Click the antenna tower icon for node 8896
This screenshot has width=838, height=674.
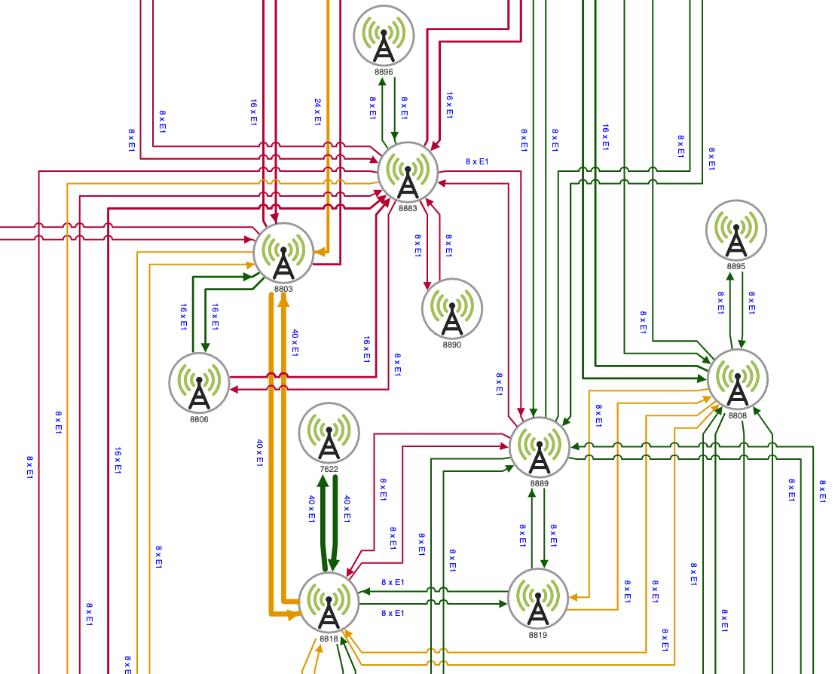click(384, 35)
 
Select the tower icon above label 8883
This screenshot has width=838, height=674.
click(408, 173)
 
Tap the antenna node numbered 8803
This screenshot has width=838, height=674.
click(283, 253)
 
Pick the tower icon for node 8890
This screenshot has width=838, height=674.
click(452, 309)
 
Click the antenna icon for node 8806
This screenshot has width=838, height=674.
click(199, 383)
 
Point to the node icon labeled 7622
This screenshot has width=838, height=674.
click(329, 434)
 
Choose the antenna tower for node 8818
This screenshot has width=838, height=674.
click(329, 602)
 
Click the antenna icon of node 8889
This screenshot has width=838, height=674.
click(540, 448)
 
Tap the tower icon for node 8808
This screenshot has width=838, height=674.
click(738, 379)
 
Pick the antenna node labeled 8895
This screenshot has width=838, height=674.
click(736, 230)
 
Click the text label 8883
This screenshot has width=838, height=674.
click(408, 208)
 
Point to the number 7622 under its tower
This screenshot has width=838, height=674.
click(329, 469)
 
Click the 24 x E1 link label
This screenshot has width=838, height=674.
click(317, 111)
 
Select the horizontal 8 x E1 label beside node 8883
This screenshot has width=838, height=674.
click(477, 161)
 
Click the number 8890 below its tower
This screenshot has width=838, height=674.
click(452, 345)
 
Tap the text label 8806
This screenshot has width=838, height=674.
click(199, 418)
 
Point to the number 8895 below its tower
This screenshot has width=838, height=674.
click(736, 266)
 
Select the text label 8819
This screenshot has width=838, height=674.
click(538, 635)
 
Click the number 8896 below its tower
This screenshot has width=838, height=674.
click(384, 72)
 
